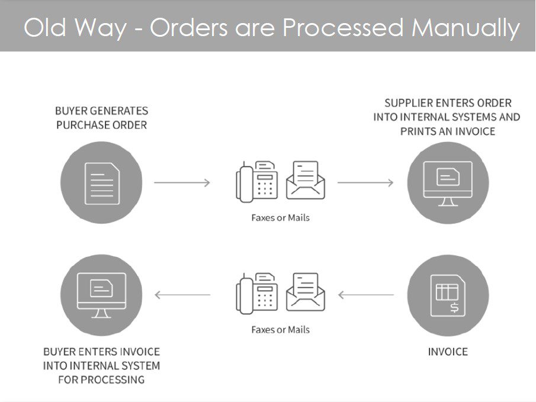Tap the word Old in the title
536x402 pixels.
[44, 27]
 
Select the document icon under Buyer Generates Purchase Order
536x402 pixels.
[102, 183]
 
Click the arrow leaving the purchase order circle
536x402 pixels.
[182, 182]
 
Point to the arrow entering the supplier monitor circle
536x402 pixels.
[365, 182]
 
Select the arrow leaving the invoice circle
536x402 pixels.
[365, 294]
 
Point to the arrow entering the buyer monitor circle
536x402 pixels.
[182, 294]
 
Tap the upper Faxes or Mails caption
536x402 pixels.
[280, 217]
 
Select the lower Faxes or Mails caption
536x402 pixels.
[280, 329]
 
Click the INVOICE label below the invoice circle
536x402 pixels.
[448, 352]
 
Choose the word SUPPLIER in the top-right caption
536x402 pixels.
[408, 103]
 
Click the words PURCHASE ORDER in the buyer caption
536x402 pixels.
[101, 125]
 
